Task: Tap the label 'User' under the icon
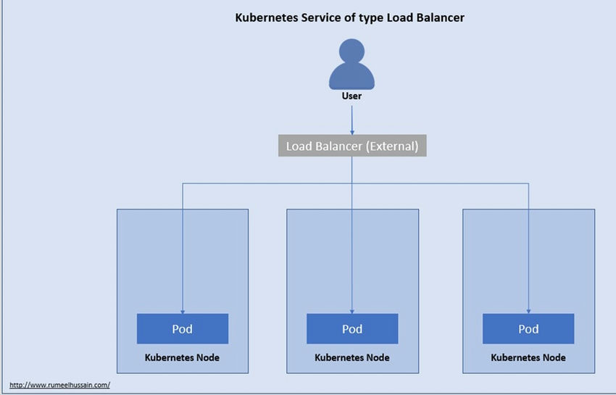(x=351, y=96)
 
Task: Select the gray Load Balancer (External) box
(x=352, y=146)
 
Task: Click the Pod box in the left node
(x=183, y=329)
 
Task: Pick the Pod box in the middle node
(x=352, y=329)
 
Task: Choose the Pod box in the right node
(x=528, y=329)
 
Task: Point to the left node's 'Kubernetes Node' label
(x=182, y=357)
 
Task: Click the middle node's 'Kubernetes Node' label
(x=351, y=357)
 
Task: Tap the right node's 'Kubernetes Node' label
(x=528, y=357)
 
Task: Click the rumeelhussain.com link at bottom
(x=59, y=385)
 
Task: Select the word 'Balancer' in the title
(x=437, y=18)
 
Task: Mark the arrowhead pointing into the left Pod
(x=183, y=310)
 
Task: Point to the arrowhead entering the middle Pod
(x=352, y=310)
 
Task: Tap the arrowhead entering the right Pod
(x=528, y=310)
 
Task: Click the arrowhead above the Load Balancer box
(x=352, y=131)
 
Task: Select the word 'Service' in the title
(x=318, y=18)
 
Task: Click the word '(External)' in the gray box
(x=391, y=146)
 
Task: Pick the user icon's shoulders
(x=351, y=77)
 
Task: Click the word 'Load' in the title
(x=394, y=18)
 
